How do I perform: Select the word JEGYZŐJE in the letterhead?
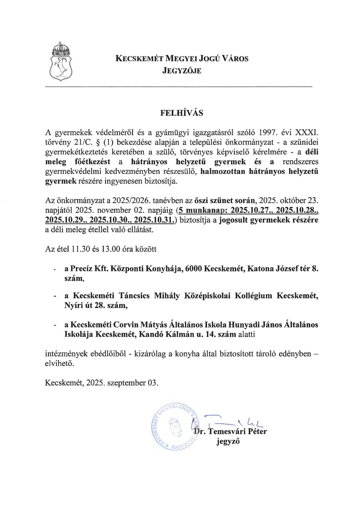181,71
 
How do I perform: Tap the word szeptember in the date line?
128,382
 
